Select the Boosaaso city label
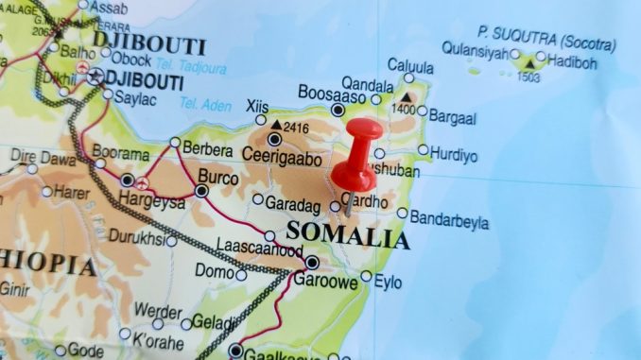(331, 93)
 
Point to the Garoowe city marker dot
(312, 262)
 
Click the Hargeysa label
(152, 200)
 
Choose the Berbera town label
(207, 150)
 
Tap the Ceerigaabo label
(282, 160)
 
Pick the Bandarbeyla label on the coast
(449, 222)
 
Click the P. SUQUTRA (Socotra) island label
(546, 38)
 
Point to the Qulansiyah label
(475, 53)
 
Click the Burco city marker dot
(200, 191)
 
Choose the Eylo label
(388, 281)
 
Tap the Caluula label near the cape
(410, 67)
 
